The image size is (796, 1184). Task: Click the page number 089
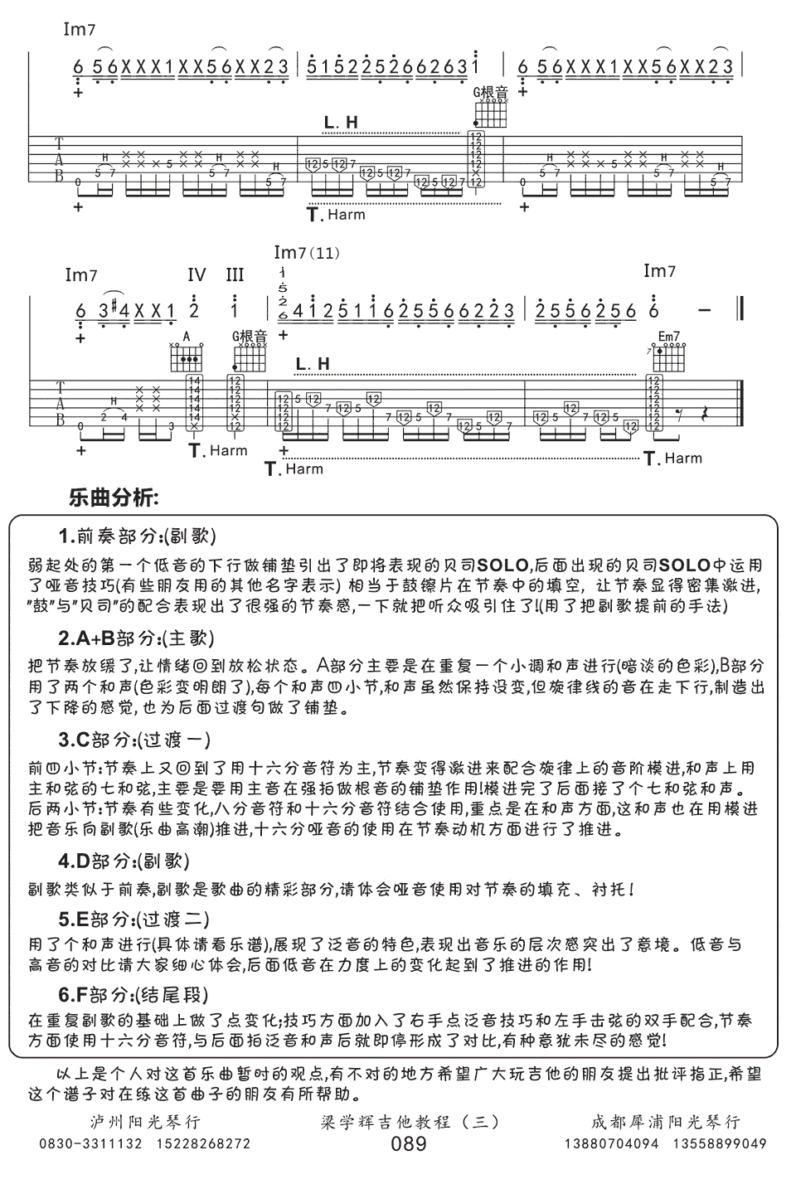[x=409, y=1144]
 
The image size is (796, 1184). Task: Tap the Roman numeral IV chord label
[x=197, y=274]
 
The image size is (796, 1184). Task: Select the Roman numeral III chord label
[x=235, y=274]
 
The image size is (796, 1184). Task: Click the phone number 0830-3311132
[x=91, y=1144]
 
